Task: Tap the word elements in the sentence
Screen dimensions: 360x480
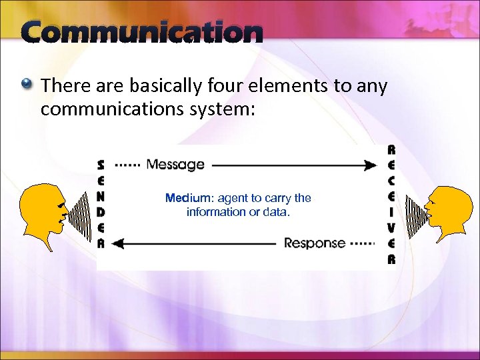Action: (x=287, y=86)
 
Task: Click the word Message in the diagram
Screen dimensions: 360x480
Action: (x=175, y=164)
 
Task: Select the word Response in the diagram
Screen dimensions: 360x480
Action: (x=315, y=243)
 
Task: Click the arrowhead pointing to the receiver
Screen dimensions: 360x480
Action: (x=371, y=165)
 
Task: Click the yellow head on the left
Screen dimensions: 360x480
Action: (x=40, y=207)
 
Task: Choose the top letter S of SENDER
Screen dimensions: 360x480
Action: (x=101, y=164)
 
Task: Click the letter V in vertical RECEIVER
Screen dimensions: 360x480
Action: (x=391, y=228)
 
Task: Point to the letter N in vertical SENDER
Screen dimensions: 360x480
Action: (x=101, y=196)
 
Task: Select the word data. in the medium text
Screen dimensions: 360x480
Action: (x=277, y=212)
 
